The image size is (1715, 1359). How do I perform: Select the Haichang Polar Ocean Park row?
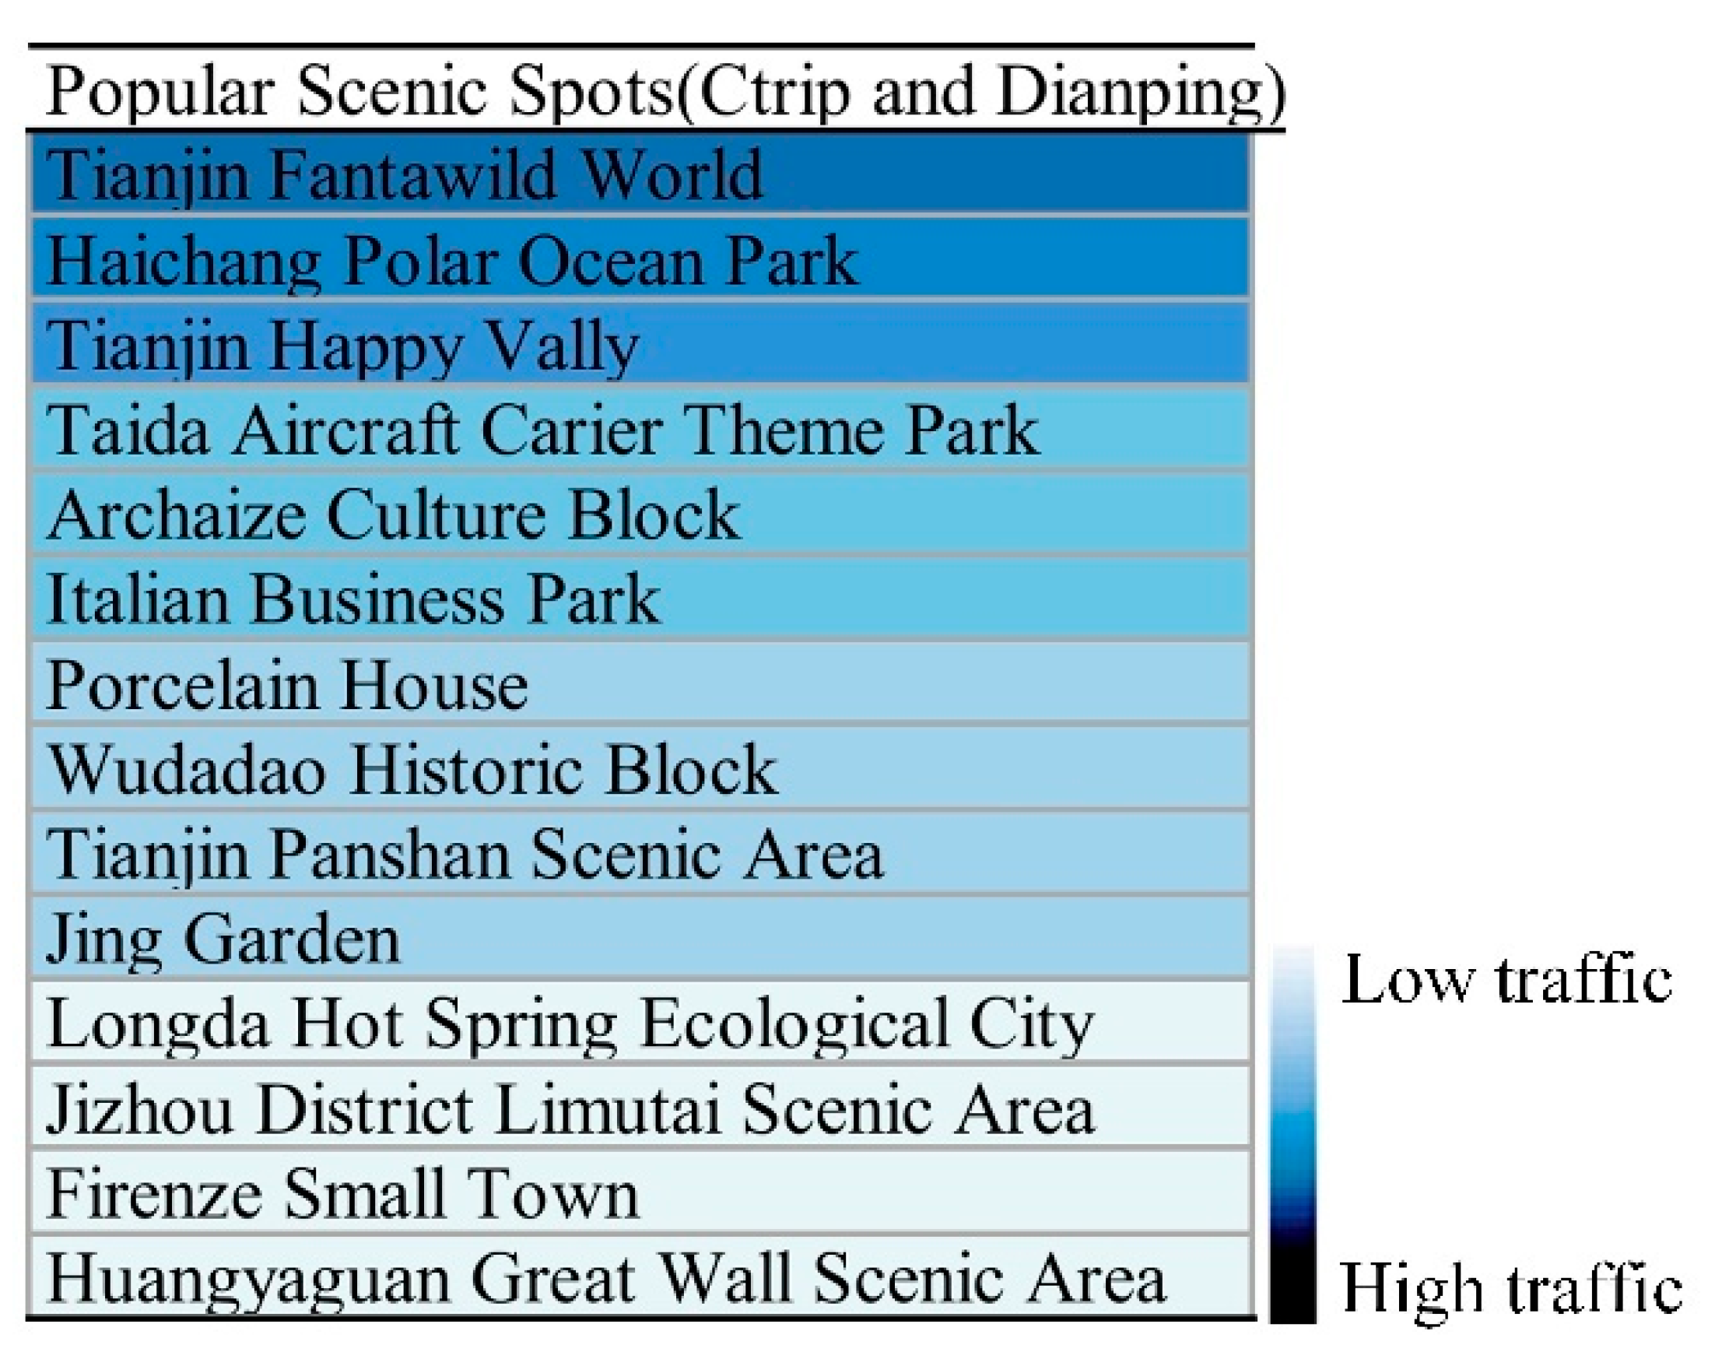(640, 259)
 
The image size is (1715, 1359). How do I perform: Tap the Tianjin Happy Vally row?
(640, 345)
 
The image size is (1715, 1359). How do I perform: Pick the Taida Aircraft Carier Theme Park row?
(640, 430)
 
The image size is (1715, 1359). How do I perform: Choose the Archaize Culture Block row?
(640, 514)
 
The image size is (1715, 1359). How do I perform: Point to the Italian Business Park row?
(640, 599)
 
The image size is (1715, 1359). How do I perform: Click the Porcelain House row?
(640, 684)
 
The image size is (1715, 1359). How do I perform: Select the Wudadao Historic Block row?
(640, 770)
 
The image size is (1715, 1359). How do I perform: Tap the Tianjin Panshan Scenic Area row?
(640, 855)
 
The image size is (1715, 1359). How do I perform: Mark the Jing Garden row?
(640, 939)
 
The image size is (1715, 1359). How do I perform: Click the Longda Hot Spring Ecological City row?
(640, 1024)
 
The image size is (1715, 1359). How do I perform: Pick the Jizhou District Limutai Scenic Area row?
(640, 1109)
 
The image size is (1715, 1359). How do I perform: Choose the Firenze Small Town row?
(640, 1193)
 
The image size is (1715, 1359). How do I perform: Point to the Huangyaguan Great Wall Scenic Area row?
(640, 1277)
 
